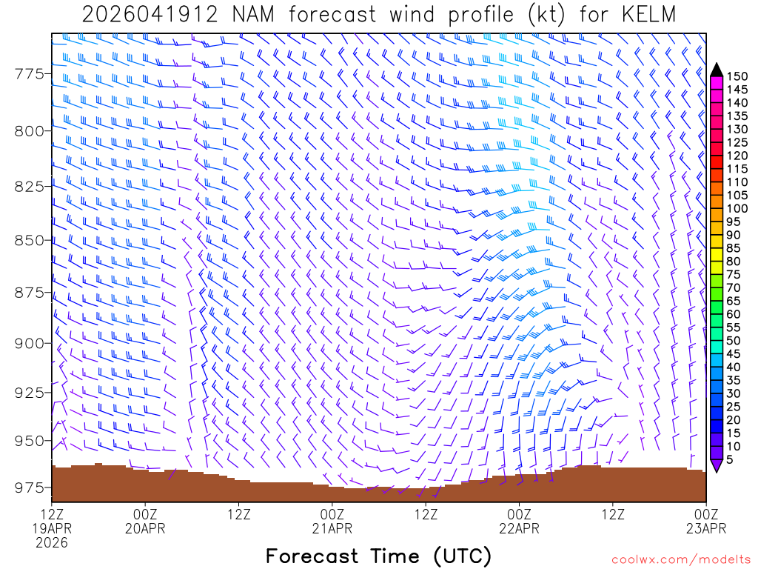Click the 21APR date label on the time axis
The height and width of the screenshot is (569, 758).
click(332, 528)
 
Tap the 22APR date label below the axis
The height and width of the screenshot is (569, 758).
click(519, 528)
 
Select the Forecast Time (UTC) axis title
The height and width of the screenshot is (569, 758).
click(378, 556)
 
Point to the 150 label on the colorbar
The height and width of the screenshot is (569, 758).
click(737, 76)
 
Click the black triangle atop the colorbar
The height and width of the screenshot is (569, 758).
click(716, 70)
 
